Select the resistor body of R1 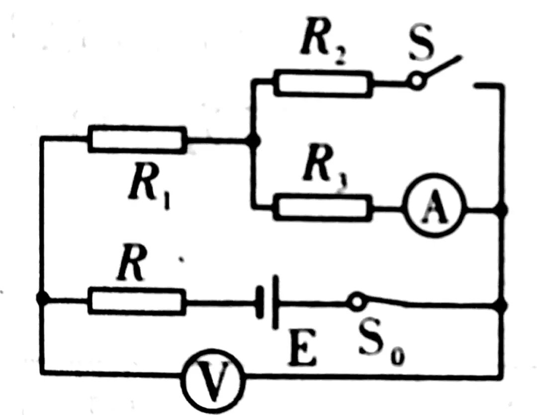(137, 139)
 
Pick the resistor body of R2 (323, 83)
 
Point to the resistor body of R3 (323, 207)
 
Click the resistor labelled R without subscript (137, 301)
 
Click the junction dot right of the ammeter (502, 210)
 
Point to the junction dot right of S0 (502, 305)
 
